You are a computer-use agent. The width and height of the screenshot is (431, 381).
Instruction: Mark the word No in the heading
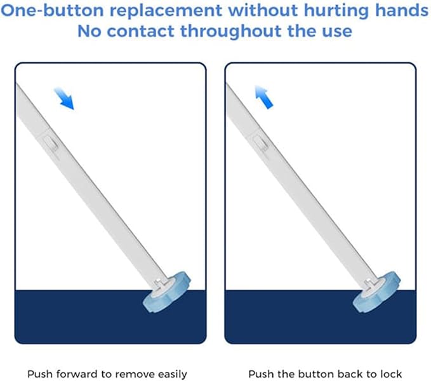(x=89, y=31)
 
